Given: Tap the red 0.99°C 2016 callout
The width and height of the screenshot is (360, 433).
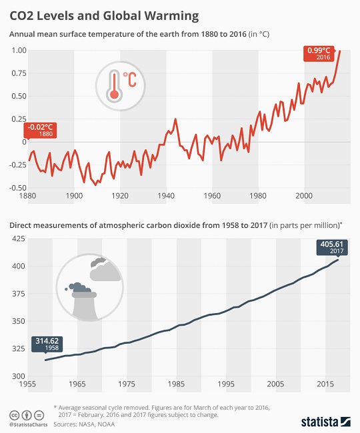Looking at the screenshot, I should tap(319, 53).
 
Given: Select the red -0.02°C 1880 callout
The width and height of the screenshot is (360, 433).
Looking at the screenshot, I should tap(41, 130).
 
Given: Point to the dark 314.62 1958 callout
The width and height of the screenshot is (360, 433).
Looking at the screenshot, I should tap(46, 344).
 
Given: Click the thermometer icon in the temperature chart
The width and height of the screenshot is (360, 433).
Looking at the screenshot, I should tap(116, 86).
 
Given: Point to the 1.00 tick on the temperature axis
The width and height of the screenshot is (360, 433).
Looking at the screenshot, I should tap(18, 51).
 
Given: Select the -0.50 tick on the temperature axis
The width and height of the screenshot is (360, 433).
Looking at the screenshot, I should tap(17, 188).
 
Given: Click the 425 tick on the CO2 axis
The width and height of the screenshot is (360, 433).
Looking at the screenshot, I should tap(19, 238).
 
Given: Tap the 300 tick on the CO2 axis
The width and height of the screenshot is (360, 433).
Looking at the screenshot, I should tap(19, 376).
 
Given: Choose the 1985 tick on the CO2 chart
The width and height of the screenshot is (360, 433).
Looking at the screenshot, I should tap(177, 385).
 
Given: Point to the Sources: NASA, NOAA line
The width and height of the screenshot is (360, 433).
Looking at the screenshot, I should tap(85, 423).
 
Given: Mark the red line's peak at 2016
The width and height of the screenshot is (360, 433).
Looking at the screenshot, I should tap(340, 51).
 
